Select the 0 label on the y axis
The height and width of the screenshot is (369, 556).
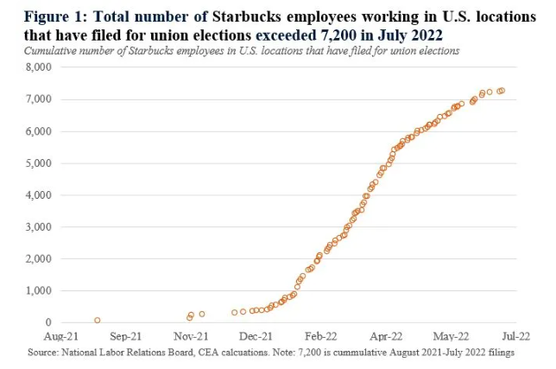tap(48, 322)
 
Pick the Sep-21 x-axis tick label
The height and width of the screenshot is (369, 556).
tap(126, 337)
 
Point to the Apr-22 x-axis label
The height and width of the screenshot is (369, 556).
tap(386, 337)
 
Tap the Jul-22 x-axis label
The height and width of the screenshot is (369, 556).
tap(516, 337)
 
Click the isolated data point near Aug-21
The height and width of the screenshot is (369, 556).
tap(97, 320)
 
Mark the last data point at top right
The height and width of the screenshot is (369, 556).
tap(502, 90)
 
